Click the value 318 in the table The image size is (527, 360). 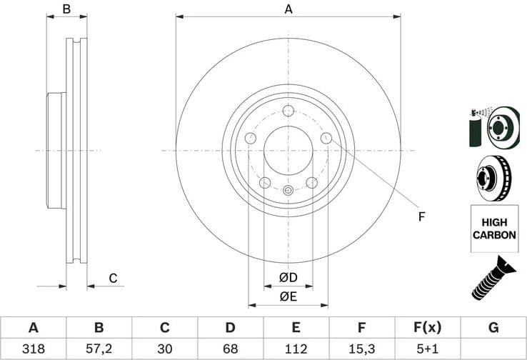(x=33, y=349)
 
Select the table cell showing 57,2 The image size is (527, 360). (x=99, y=349)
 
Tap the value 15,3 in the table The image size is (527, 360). (x=362, y=349)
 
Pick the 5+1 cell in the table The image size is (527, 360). (x=427, y=349)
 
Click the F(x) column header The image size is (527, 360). (x=427, y=328)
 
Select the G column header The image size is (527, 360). (x=493, y=328)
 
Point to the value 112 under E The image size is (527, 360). (x=296, y=349)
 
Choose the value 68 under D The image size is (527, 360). (x=230, y=349)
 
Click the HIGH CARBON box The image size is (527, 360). (x=493, y=228)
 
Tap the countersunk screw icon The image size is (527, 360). (x=493, y=279)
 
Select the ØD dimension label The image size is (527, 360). (x=288, y=277)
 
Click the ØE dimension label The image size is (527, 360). (x=288, y=296)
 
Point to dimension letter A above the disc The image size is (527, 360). (x=288, y=9)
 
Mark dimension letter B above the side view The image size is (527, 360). (x=66, y=9)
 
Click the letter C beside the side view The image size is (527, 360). (x=112, y=278)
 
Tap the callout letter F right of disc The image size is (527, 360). (x=421, y=216)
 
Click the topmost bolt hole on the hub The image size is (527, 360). (x=288, y=111)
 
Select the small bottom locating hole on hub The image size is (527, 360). (x=288, y=190)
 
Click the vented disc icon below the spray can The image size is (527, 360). (x=493, y=178)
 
